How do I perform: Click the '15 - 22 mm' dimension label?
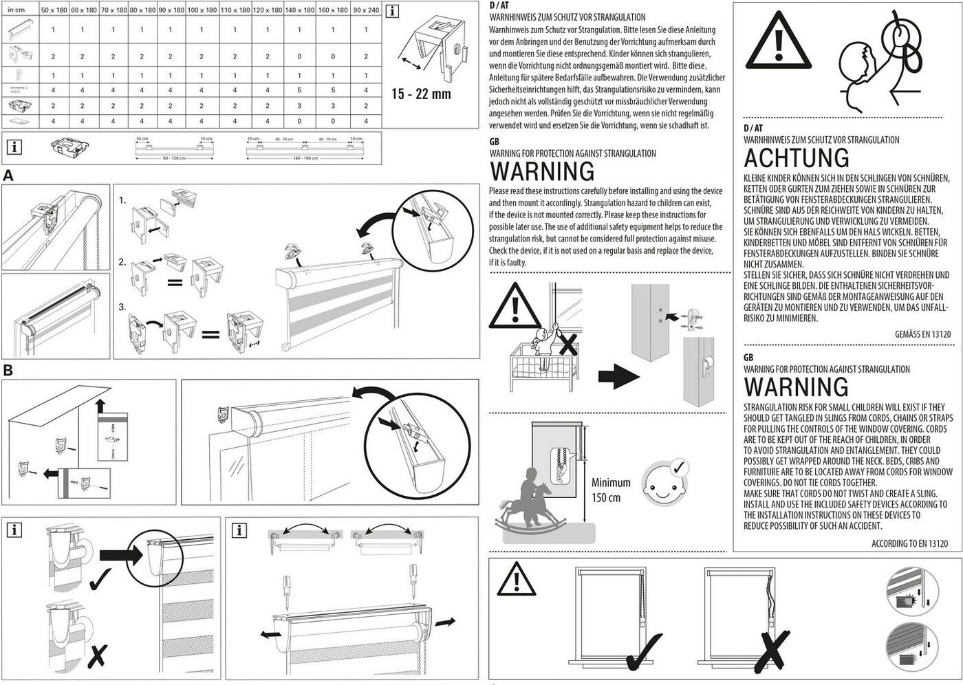point(421,94)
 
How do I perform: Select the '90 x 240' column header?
point(366,10)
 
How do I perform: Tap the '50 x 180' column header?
point(53,10)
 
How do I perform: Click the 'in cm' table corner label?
point(17,10)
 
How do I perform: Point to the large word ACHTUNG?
point(797,158)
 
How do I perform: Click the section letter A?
point(8,176)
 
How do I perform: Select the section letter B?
point(8,371)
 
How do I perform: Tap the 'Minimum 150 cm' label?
point(610,490)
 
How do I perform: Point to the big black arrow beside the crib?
point(618,376)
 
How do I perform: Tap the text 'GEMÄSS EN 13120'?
point(922,334)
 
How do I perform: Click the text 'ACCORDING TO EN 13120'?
point(909,543)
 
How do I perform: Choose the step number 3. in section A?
point(122,307)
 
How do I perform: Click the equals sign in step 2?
point(175,281)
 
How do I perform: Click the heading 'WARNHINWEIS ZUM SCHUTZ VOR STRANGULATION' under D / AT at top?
point(567,17)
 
